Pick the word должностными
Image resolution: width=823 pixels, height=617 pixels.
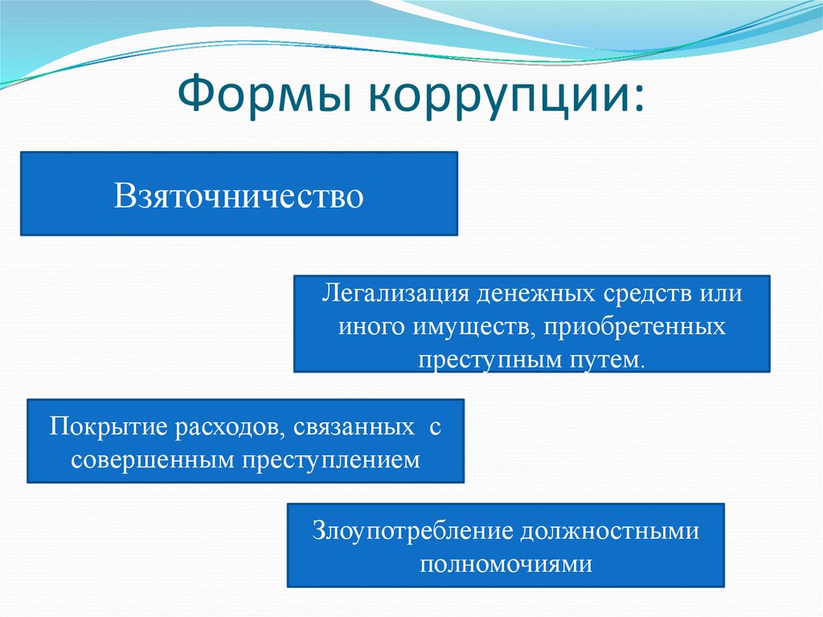pos(612,531)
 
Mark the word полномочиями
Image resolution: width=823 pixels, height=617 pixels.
pos(506,563)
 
